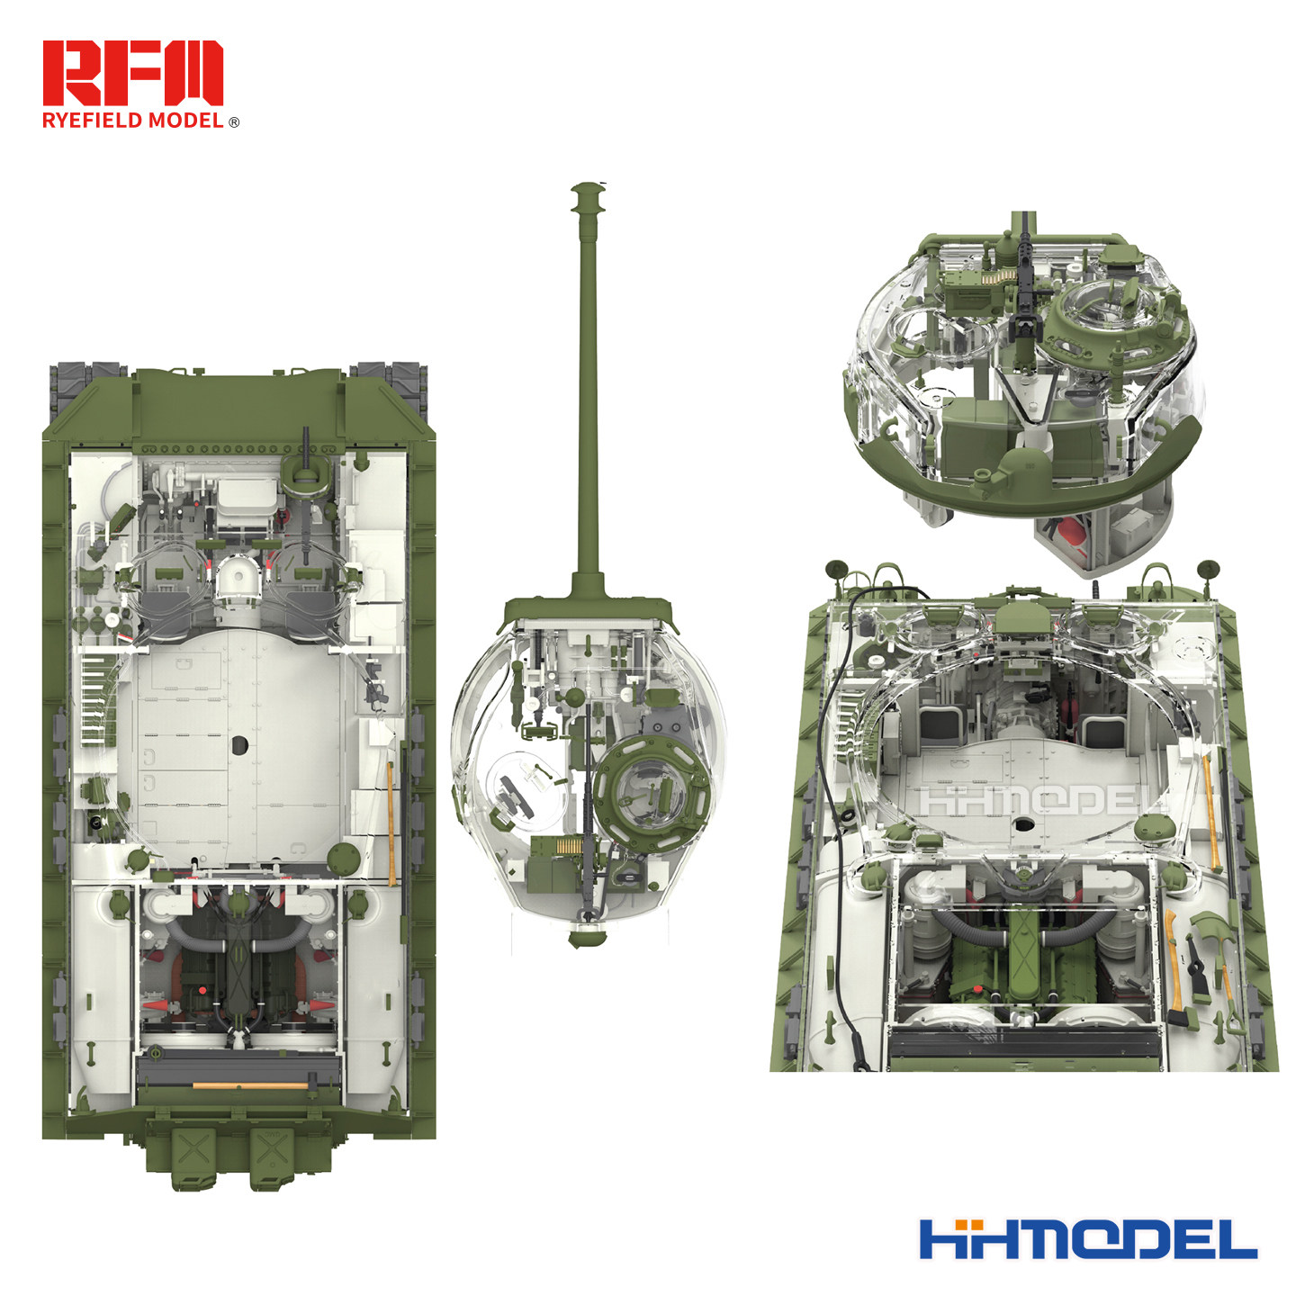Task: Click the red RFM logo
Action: (x=132, y=73)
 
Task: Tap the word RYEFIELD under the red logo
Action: (x=93, y=121)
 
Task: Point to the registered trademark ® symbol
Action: (x=234, y=122)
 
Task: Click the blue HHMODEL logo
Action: (x=1088, y=1238)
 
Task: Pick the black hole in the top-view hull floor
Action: (x=239, y=744)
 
